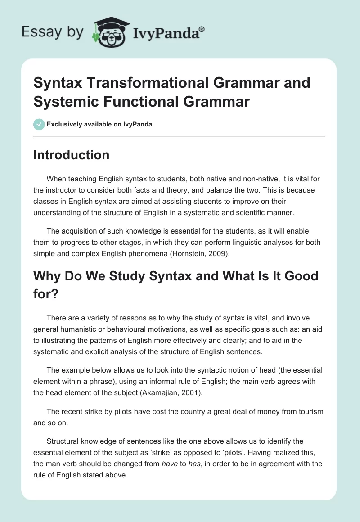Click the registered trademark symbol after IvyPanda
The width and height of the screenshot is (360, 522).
202,29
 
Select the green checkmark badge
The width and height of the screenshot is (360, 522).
39,124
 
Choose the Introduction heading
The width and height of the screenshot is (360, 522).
72,155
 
